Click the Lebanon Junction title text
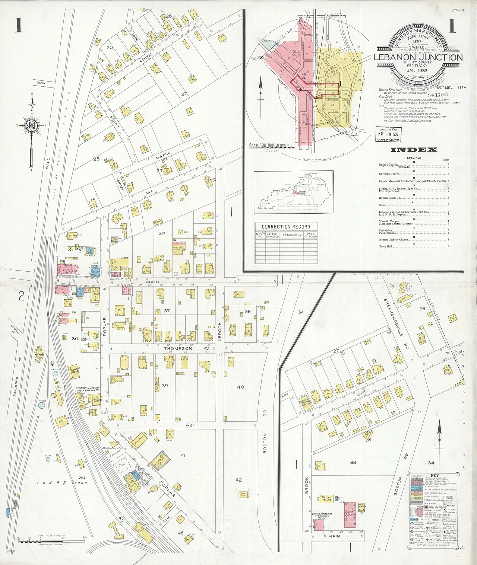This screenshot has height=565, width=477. coord(418,57)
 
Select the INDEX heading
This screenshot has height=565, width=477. coord(414,150)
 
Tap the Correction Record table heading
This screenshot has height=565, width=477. coord(286,227)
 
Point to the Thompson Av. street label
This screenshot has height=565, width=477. coord(179,348)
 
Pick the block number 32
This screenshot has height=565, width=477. coord(162,233)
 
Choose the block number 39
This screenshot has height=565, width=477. coord(165,386)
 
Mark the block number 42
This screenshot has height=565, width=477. coord(239,480)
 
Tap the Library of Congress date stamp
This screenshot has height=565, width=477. coord(388,134)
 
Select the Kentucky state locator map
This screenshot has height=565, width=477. coord(294,192)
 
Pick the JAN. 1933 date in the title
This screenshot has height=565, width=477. coord(417,71)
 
